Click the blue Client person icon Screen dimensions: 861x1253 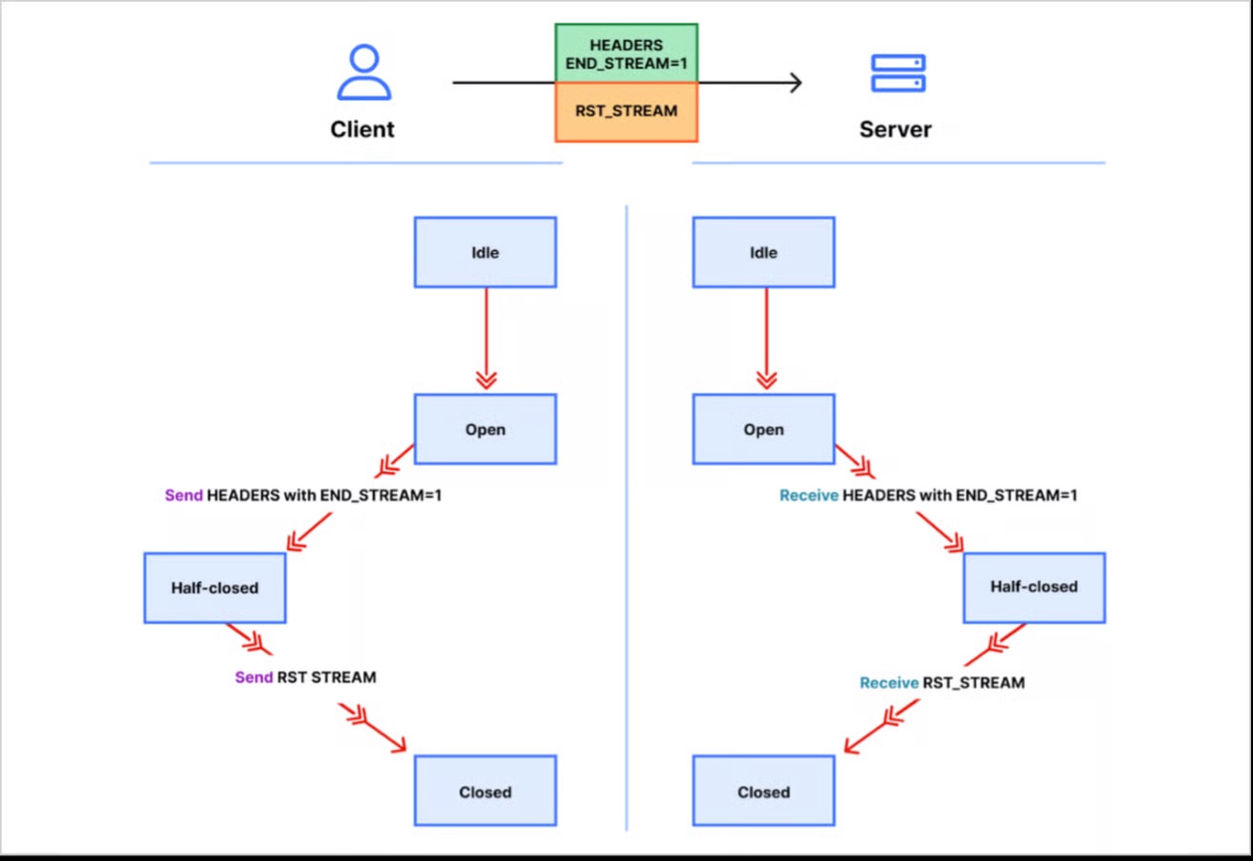pos(363,73)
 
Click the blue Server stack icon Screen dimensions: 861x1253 pos(898,73)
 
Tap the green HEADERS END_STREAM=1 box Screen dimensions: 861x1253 pos(626,53)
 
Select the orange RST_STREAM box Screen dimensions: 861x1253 pos(626,111)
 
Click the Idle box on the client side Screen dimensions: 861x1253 pos(485,252)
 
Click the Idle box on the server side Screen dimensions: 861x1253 pos(764,252)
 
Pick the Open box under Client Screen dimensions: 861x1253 pos(485,430)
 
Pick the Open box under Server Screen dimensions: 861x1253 pos(764,430)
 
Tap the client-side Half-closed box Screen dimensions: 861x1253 pos(214,588)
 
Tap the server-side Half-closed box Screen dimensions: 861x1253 pos(1034,588)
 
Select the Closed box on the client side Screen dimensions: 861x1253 pos(485,791)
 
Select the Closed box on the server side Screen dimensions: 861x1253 pos(764,791)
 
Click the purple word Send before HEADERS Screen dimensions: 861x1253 pos(184,496)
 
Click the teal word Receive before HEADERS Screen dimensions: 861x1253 pos(808,496)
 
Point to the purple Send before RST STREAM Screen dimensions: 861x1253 pos(253,678)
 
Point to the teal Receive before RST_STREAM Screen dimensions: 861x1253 pos(888,683)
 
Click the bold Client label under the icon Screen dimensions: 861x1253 pos(363,129)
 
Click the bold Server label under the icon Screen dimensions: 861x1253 pos(895,129)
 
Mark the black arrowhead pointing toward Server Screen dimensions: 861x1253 pos(794,83)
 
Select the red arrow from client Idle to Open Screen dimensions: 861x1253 pos(486,338)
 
